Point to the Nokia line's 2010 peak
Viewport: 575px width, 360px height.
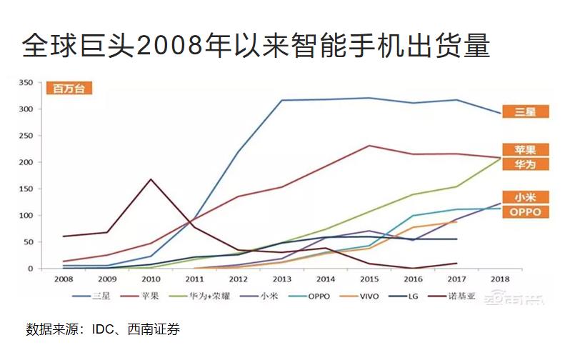150,179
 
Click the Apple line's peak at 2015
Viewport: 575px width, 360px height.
369,146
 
